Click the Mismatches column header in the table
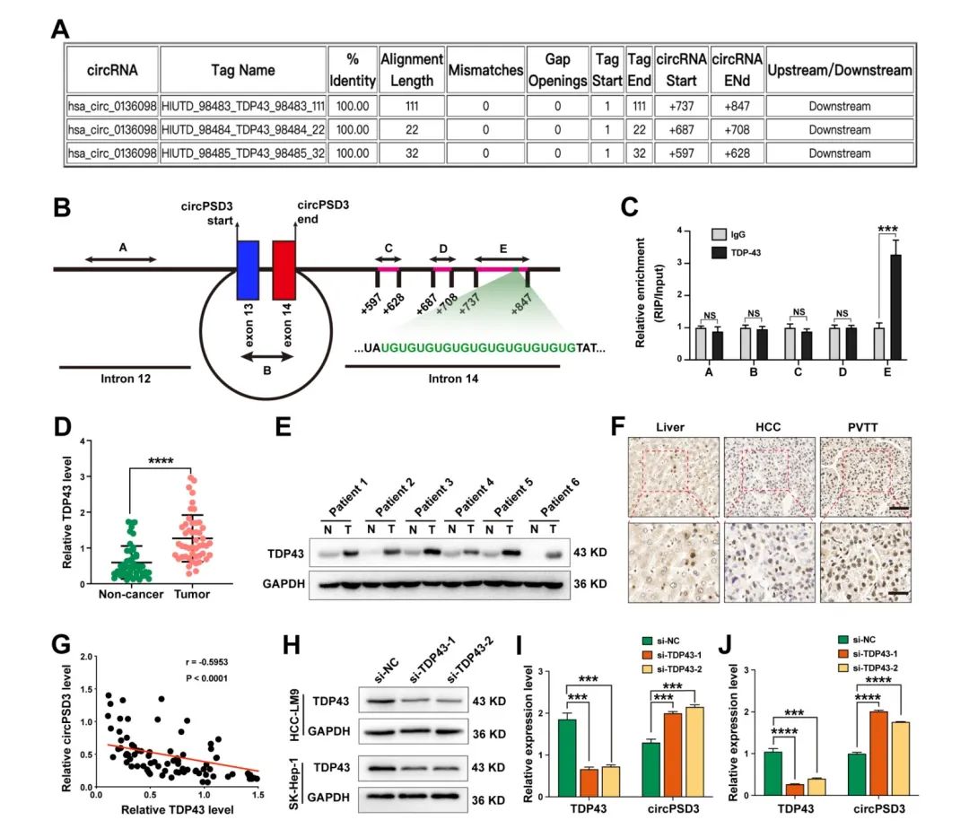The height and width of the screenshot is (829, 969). (x=484, y=69)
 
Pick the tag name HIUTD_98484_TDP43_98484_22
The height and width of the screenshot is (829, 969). (x=242, y=129)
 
